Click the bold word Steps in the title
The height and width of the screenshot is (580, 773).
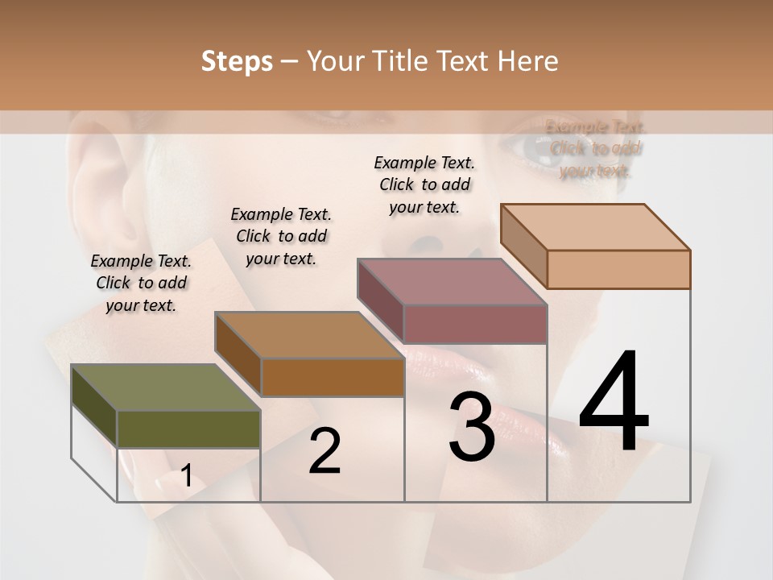(x=237, y=61)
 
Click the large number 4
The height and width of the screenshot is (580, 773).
(x=614, y=402)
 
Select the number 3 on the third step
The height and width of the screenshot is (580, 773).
(x=472, y=428)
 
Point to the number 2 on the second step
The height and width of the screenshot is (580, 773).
(x=324, y=451)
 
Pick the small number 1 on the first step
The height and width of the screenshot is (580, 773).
(x=186, y=476)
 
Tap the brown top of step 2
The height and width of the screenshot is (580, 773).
(x=309, y=335)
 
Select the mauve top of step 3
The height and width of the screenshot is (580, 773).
(x=452, y=282)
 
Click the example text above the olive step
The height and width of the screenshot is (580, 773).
(x=141, y=283)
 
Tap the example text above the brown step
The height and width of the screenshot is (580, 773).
(x=281, y=236)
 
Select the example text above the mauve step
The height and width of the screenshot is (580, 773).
(x=424, y=184)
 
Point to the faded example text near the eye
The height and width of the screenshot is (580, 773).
(x=596, y=148)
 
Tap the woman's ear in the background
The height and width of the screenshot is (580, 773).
(x=101, y=177)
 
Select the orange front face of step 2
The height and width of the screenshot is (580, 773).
(x=333, y=377)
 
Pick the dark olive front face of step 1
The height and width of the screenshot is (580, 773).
(x=188, y=429)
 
